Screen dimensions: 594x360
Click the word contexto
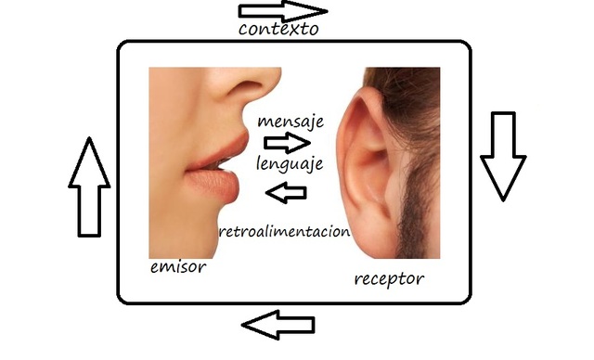tap(278, 29)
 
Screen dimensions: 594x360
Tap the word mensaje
tap(291, 122)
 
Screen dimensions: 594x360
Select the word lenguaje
tap(290, 164)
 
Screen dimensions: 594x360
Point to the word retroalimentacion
tap(284, 231)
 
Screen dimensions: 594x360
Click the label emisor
tap(178, 267)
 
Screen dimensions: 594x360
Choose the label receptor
tap(389, 279)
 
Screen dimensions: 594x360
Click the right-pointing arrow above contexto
tap(282, 11)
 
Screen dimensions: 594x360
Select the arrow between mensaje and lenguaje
tap(287, 143)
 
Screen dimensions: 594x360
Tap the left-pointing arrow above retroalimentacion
tap(287, 193)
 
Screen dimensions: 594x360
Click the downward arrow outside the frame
tap(503, 156)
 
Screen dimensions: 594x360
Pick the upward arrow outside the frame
tap(89, 187)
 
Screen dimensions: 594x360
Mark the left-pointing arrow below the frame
tap(278, 325)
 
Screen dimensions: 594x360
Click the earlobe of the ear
tap(373, 239)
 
